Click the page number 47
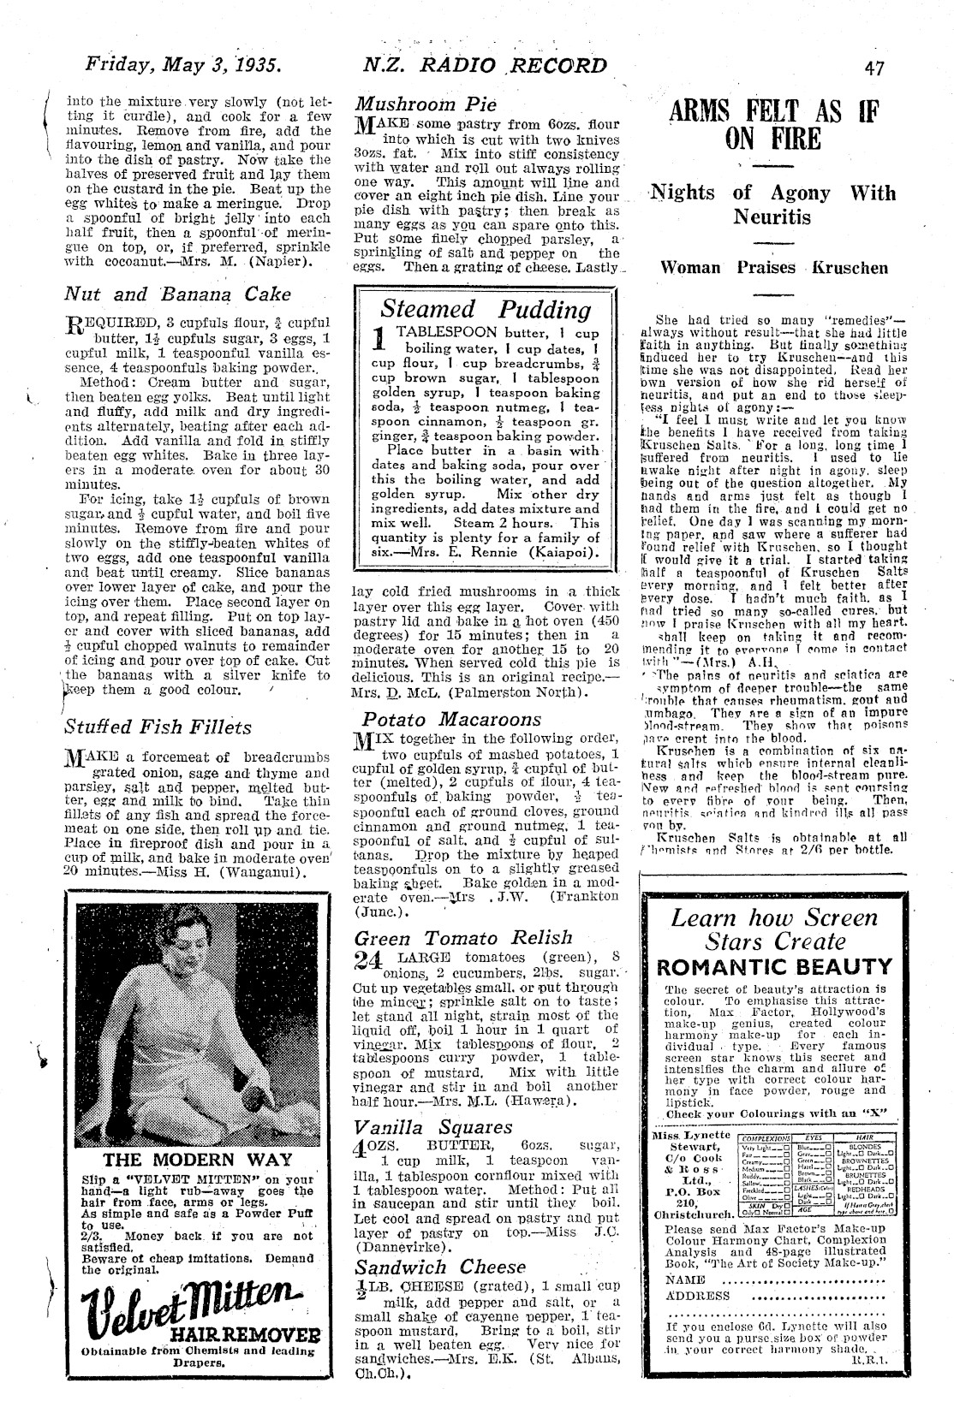[874, 68]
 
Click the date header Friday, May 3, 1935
[184, 65]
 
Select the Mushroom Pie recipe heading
[426, 105]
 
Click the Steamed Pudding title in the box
[486, 309]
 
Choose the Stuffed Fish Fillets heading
[158, 727]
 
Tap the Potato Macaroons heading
[451, 719]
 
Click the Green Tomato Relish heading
[462, 937]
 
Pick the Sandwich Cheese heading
[441, 1267]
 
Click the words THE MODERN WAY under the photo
[194, 1161]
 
